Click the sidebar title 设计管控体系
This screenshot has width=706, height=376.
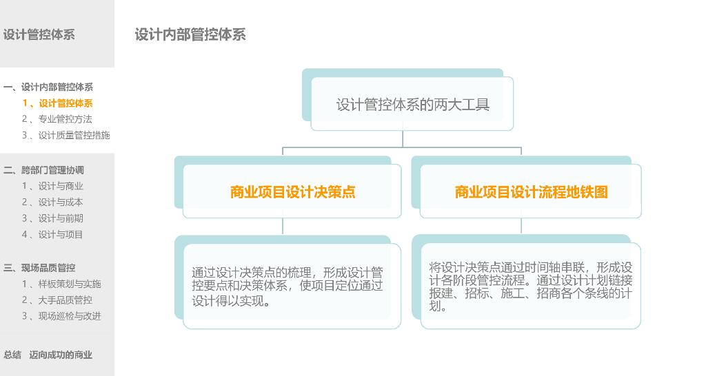pyautogui.click(x=39, y=34)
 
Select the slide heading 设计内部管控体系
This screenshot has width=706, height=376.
pyautogui.click(x=190, y=34)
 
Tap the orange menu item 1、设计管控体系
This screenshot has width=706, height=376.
pyautogui.click(x=57, y=103)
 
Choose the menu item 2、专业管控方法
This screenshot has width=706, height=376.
pyautogui.click(x=57, y=119)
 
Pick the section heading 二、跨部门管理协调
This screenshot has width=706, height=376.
pyautogui.click(x=44, y=170)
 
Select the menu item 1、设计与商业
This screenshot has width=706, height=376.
pyautogui.click(x=52, y=186)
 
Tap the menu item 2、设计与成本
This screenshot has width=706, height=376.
pyautogui.click(x=52, y=202)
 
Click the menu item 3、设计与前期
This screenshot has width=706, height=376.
pyautogui.click(x=52, y=218)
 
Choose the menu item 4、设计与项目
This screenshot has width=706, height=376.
pyautogui.click(x=52, y=234)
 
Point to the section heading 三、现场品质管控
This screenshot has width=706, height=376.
pyautogui.click(x=39, y=268)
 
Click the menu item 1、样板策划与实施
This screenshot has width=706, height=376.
pyautogui.click(x=61, y=284)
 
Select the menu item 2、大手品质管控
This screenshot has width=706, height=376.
pyautogui.click(x=57, y=300)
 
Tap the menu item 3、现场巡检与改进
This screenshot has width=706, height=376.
pyautogui.click(x=61, y=316)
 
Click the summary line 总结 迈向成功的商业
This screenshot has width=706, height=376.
pyautogui.click(x=48, y=355)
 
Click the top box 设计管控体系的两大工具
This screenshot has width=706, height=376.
pyautogui.click(x=412, y=105)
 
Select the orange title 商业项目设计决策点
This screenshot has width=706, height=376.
pyautogui.click(x=292, y=192)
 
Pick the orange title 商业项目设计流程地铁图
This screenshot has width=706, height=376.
pyautogui.click(x=531, y=192)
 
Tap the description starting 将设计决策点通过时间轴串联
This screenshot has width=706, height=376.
pyautogui.click(x=530, y=286)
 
